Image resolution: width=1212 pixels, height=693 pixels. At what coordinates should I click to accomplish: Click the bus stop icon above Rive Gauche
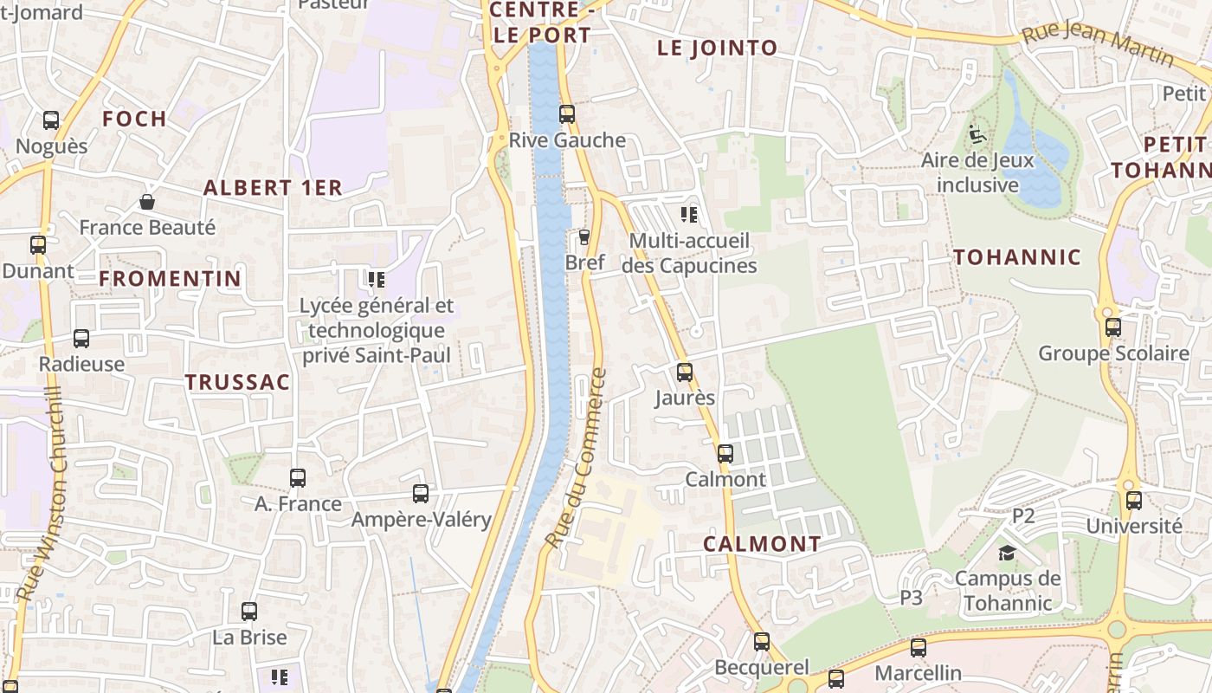click(567, 113)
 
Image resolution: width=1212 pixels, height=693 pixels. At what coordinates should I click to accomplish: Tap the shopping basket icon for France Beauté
click(147, 202)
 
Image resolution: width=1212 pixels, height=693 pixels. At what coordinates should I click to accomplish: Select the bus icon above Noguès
click(51, 120)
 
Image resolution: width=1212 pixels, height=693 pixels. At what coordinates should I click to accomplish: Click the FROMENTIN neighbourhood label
click(170, 278)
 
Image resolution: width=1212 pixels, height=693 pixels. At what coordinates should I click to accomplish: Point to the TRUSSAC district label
click(237, 382)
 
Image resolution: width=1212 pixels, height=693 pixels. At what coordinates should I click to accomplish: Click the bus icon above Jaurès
click(685, 372)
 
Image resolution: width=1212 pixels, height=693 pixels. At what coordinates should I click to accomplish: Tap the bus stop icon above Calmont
click(725, 453)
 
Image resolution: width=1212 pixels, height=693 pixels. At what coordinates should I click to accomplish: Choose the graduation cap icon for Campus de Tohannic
click(1007, 553)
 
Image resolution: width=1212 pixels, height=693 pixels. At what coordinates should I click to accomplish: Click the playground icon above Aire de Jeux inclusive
click(977, 134)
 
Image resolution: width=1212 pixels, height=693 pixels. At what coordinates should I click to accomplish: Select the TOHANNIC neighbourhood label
click(1017, 256)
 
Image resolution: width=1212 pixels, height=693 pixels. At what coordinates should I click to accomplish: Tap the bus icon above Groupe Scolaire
click(1113, 327)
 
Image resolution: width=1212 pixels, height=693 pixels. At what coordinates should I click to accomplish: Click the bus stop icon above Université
click(1134, 500)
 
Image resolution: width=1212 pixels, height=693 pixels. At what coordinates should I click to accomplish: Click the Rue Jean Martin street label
click(1097, 43)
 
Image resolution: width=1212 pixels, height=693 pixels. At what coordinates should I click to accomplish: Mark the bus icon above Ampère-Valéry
click(421, 494)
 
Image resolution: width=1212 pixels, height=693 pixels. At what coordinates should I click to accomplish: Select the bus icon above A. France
click(298, 477)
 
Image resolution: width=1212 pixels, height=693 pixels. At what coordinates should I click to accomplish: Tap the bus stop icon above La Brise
click(249, 612)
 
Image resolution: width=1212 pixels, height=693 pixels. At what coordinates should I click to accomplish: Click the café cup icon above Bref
click(584, 236)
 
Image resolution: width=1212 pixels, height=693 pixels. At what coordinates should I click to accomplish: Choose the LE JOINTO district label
click(718, 48)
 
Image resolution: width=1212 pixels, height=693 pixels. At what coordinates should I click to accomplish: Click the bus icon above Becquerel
click(762, 642)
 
